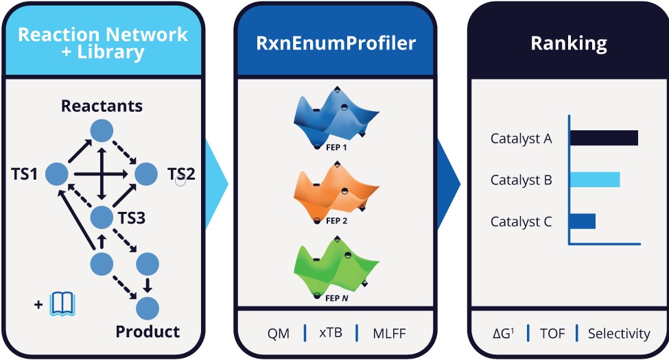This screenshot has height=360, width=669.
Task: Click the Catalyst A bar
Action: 604,138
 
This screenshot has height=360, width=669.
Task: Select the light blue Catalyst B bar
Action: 595,180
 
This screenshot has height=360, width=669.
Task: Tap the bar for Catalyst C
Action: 583,221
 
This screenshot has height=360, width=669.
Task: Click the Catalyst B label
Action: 521,180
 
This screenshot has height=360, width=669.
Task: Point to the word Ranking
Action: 569,44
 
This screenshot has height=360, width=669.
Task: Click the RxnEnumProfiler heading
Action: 335,44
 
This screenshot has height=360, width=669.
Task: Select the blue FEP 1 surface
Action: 335,117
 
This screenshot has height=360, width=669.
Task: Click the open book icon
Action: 62,303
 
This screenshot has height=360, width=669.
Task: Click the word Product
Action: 148,332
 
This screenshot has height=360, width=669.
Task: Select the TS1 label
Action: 24,174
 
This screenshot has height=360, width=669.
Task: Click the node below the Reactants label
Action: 102,130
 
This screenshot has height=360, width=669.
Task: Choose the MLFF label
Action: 389,334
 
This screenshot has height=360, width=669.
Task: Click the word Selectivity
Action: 619,334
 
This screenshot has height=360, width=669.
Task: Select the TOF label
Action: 552,334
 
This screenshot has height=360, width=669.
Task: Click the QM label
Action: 279,334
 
